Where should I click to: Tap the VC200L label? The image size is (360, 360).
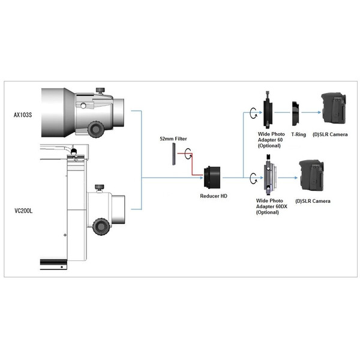click(x=23, y=211)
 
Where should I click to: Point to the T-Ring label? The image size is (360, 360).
click(x=298, y=134)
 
